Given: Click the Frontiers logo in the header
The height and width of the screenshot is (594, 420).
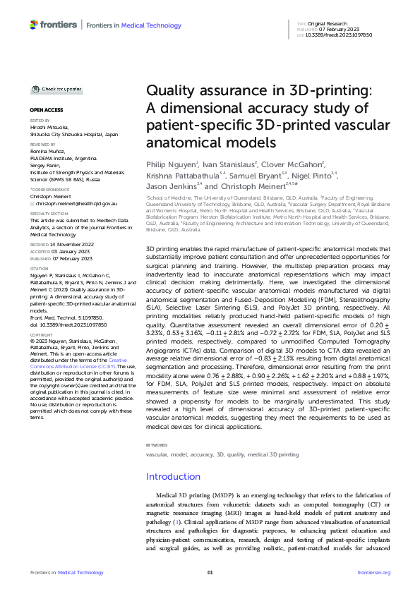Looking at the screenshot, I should click(53, 25).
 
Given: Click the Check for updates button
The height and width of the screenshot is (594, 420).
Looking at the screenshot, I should click(56, 90).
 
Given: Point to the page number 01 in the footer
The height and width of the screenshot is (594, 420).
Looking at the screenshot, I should click(210, 572).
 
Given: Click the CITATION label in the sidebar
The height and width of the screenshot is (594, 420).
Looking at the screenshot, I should click(40, 267).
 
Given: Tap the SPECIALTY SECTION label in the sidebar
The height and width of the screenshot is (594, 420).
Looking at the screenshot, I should click(47, 213).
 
